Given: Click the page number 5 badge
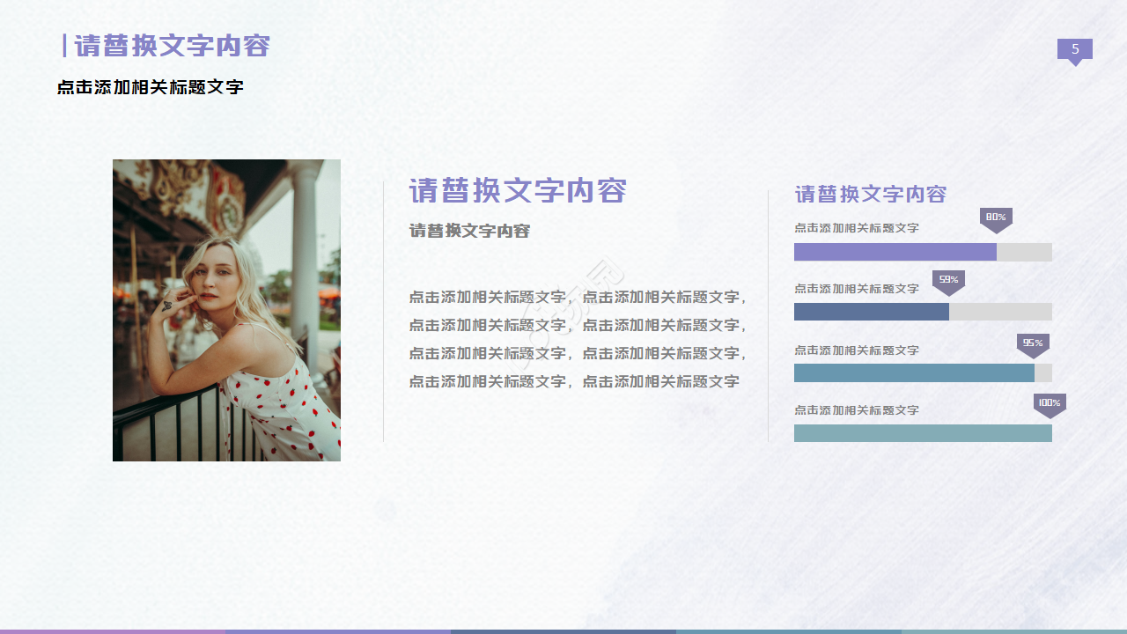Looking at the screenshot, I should tap(1074, 50).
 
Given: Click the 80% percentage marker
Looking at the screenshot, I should tap(996, 218).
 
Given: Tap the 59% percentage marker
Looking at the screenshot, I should tap(948, 281).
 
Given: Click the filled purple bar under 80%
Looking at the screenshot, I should tap(895, 252).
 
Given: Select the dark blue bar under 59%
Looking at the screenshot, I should tap(871, 312).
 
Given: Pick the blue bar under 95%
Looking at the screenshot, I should tap(913, 372).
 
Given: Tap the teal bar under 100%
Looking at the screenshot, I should tap(923, 433).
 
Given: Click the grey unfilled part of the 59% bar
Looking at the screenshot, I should tap(1000, 312).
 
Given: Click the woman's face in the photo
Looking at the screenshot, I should tap(211, 280).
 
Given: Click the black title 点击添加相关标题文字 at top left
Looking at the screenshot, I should tap(150, 87).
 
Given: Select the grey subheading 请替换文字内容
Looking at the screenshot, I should tap(469, 231).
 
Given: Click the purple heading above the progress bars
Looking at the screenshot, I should tap(870, 194).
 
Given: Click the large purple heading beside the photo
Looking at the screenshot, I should tap(518, 190).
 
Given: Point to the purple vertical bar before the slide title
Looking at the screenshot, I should tap(64, 46).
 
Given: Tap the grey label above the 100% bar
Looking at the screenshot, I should tap(856, 410).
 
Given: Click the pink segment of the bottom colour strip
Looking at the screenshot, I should tap(113, 630).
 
